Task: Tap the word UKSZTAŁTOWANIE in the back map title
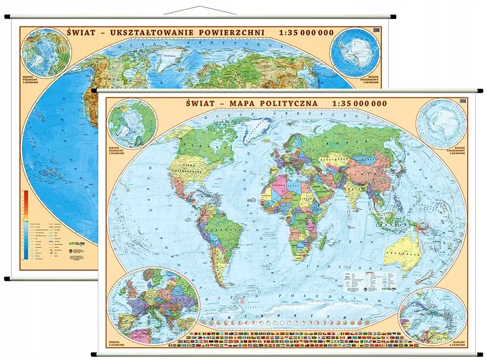(x=140, y=32)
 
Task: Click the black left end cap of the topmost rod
(x=9, y=17)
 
